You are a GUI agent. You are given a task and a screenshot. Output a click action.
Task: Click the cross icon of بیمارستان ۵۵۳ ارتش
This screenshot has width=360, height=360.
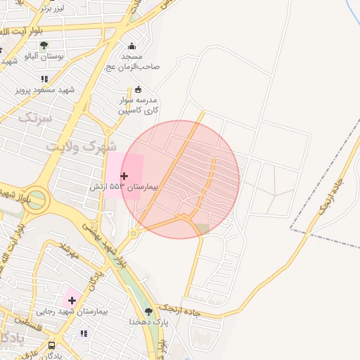(x=124, y=176)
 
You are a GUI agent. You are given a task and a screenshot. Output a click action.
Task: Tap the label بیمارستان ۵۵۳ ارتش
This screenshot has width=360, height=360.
(x=124, y=188)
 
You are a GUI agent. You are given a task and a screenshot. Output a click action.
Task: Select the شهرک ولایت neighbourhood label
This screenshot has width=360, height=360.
(x=82, y=147)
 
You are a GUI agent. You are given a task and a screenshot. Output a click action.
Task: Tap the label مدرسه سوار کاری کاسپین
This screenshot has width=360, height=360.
(x=138, y=105)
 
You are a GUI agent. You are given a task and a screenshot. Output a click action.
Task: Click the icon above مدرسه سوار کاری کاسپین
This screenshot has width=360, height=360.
(x=138, y=89)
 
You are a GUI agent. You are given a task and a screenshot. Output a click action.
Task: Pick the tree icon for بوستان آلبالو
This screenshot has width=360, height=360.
(x=44, y=45)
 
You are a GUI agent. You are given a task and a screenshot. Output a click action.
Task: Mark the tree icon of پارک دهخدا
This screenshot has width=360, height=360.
(x=148, y=311)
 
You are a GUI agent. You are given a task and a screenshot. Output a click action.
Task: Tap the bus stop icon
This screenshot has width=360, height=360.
(x=51, y=346)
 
